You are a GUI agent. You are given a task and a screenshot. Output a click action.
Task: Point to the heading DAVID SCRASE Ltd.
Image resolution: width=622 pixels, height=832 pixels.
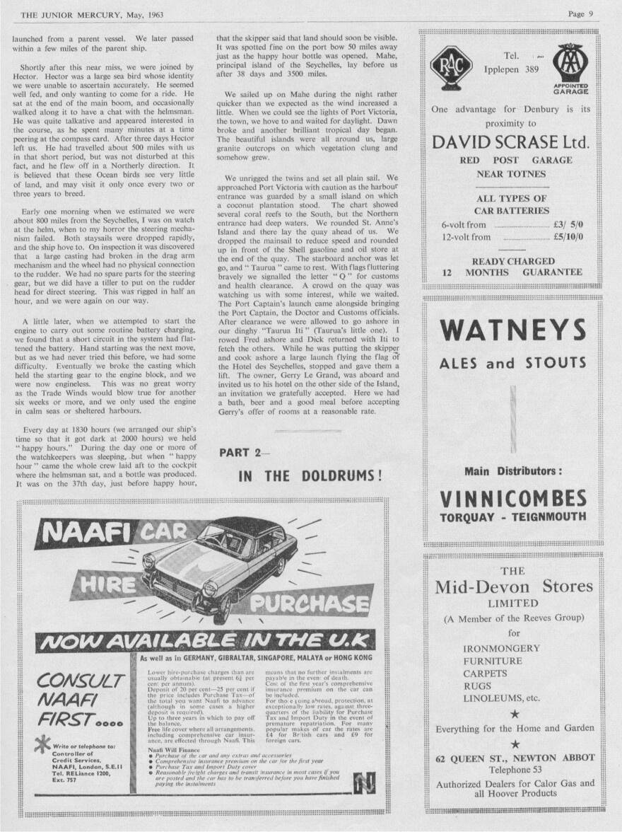pyautogui.click(x=511, y=141)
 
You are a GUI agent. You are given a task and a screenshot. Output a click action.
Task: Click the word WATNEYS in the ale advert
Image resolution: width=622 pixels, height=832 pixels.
pyautogui.click(x=512, y=331)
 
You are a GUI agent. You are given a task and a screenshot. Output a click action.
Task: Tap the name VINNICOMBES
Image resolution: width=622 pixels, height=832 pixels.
pyautogui.click(x=512, y=499)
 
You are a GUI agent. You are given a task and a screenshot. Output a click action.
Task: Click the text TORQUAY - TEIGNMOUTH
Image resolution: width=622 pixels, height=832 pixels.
pyautogui.click(x=512, y=517)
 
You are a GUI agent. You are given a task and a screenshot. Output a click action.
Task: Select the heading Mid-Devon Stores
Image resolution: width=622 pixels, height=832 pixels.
pyautogui.click(x=513, y=587)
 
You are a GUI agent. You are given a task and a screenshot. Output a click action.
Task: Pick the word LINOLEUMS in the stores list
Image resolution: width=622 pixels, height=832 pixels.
pyautogui.click(x=496, y=698)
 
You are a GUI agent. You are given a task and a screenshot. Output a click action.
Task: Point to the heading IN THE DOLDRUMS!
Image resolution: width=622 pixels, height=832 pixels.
pyautogui.click(x=310, y=475)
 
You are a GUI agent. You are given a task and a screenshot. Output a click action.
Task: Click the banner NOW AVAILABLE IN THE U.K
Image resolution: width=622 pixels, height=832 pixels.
pyautogui.click(x=204, y=641)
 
